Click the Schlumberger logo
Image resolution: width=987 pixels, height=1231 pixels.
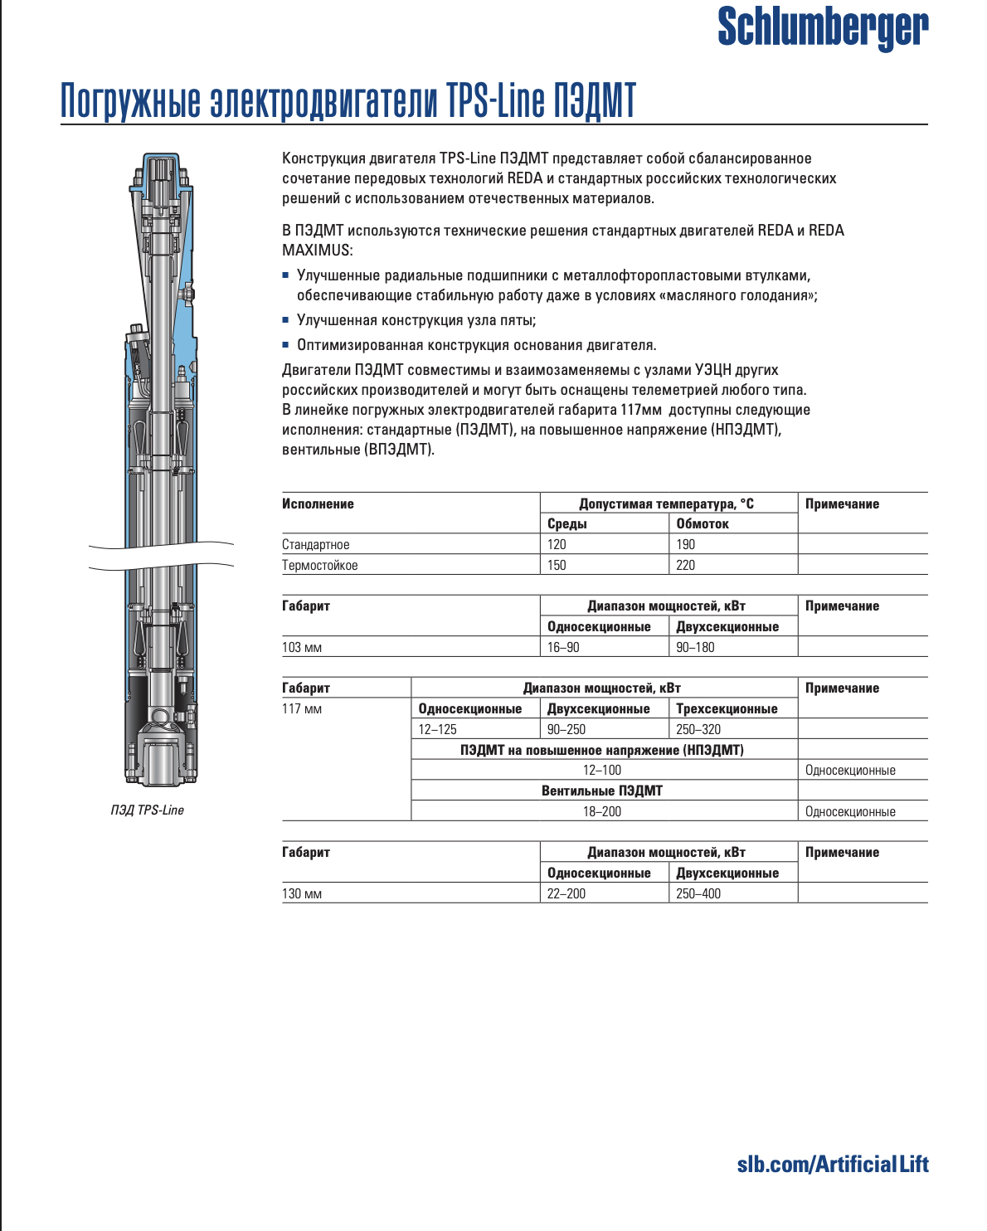click(822, 27)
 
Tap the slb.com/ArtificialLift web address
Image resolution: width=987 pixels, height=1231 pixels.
click(832, 1165)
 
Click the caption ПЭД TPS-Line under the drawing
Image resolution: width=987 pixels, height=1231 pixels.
click(148, 810)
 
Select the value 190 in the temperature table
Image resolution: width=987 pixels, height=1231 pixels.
click(686, 545)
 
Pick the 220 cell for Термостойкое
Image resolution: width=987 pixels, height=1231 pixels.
click(686, 566)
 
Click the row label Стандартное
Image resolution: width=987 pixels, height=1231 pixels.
click(316, 545)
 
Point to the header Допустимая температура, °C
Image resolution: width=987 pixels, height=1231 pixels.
click(667, 504)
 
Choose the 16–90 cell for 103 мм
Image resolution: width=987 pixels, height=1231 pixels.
click(563, 648)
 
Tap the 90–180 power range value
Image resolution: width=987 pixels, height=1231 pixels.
click(695, 648)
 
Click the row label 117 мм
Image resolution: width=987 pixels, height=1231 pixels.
click(302, 709)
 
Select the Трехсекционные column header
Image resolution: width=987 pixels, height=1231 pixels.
click(727, 709)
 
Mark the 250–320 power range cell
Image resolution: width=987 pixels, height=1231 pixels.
click(698, 730)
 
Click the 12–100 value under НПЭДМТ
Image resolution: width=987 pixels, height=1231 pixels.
click(602, 771)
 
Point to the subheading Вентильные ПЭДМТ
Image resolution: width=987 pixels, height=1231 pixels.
click(602, 791)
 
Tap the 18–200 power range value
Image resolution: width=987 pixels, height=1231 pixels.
click(602, 812)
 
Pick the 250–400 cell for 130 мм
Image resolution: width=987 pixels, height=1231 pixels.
click(698, 894)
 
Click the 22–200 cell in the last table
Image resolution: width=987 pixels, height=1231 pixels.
click(566, 894)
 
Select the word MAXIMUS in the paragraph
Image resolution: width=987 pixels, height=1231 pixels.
click(317, 251)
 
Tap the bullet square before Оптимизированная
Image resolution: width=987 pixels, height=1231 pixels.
click(285, 345)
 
